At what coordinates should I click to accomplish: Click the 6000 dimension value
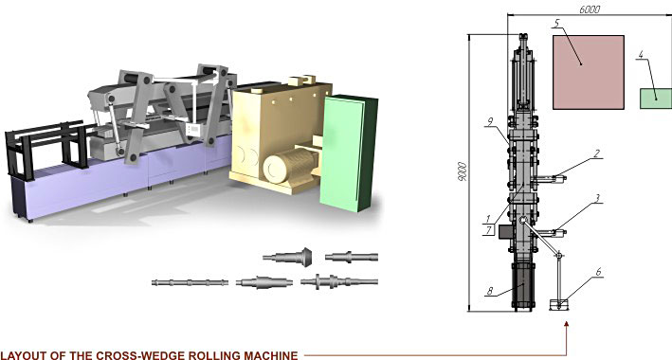click(590, 9)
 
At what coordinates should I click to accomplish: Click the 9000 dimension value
click(463, 171)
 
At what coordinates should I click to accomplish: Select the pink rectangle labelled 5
click(588, 72)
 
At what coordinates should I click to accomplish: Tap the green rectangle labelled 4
click(656, 99)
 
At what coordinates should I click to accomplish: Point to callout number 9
click(491, 122)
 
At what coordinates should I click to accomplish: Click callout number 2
click(596, 153)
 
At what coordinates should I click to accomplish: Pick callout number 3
click(597, 198)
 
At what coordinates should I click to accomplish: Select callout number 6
click(598, 272)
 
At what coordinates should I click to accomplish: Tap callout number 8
click(490, 292)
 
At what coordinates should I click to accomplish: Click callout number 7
click(489, 230)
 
